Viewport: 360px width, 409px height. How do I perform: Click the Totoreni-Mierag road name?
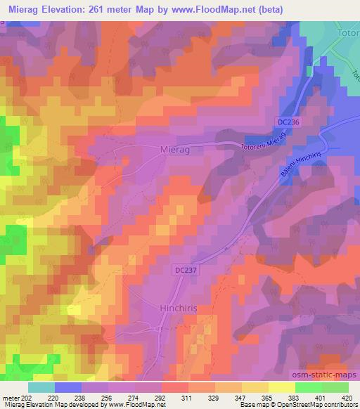click(265, 142)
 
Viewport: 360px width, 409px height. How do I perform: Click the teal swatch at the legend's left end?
click(41, 387)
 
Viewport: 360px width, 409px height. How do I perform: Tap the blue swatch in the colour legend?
click(67, 387)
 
